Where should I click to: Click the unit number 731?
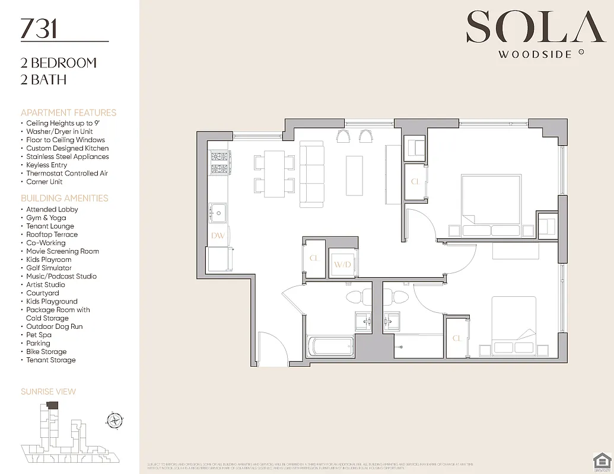[x=39, y=28]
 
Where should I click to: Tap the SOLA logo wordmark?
[x=528, y=27]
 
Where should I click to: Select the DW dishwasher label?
[x=218, y=235]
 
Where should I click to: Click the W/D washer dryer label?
[x=342, y=264]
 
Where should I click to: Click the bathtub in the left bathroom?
[x=330, y=346]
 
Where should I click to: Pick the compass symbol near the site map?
[x=114, y=421]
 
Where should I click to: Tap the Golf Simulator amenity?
[x=49, y=268]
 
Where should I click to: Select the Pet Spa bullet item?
[x=39, y=335]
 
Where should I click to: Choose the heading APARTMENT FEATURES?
[x=68, y=113]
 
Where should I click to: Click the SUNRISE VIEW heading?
[x=48, y=392]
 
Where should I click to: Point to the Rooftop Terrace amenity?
[x=52, y=235]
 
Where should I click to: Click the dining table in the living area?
[x=274, y=174]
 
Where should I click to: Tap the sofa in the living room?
[x=311, y=174]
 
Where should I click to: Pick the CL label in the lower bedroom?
[x=457, y=338]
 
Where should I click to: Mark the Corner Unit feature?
[x=44, y=182]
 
